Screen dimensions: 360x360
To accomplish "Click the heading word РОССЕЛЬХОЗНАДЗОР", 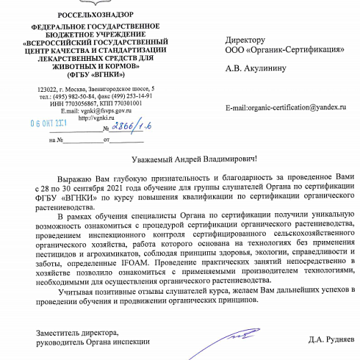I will [x=85, y=15].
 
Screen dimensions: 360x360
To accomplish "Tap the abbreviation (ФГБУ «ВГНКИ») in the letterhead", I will [x=86, y=75].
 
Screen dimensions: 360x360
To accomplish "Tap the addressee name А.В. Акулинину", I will [x=260, y=71].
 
